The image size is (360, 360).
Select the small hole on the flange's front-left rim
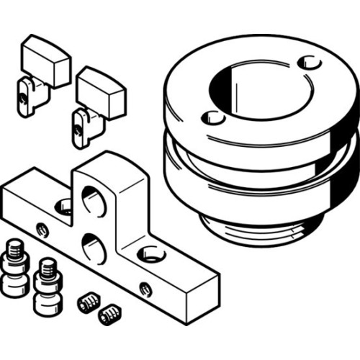coord(211,118)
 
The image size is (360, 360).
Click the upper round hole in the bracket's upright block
coord(94,199)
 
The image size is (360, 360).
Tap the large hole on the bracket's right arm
coord(150,253)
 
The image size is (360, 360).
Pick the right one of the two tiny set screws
coord(109,312)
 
